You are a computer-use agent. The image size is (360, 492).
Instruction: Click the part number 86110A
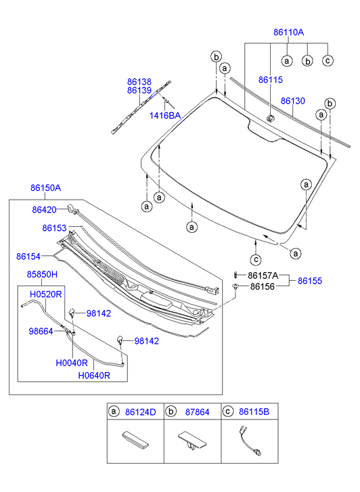[x=288, y=32]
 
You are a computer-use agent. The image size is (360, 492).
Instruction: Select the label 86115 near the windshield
[x=271, y=80]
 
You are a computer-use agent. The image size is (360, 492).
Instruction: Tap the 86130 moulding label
[x=293, y=101]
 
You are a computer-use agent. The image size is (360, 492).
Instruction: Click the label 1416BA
[x=165, y=116]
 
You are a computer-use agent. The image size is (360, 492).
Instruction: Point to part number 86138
[x=139, y=82]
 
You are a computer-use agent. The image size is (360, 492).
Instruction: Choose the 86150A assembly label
[x=46, y=187]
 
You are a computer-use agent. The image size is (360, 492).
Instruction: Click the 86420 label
[x=44, y=210]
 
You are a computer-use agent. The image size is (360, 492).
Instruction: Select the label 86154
[x=28, y=256]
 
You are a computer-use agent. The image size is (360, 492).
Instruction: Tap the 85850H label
[x=42, y=274]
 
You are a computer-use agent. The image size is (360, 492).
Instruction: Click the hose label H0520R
[x=46, y=294]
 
